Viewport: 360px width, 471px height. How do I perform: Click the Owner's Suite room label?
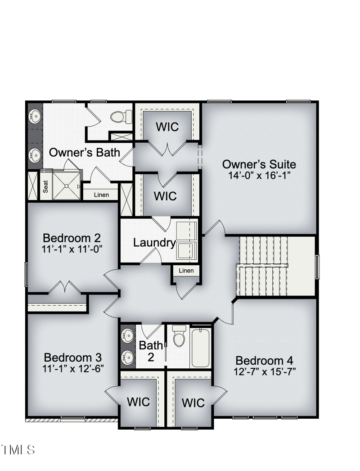point(259,164)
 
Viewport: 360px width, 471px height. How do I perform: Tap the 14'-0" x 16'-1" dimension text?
point(259,175)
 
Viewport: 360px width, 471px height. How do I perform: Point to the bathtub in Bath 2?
point(200,348)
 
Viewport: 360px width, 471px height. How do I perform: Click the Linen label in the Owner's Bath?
point(101,195)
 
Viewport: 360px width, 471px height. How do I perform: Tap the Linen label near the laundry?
point(186,271)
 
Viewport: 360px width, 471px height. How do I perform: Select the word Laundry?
point(154,243)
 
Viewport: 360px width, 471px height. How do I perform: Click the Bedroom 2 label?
point(72,238)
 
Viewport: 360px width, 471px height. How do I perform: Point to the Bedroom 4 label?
point(264,361)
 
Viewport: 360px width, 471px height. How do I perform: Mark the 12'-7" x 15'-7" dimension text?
point(265,371)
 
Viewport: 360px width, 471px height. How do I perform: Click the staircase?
point(263,266)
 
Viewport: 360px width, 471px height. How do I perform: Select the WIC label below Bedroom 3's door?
point(138,402)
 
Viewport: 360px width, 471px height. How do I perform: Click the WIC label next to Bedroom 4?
point(193,403)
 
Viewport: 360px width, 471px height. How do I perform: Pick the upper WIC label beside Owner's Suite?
point(167,127)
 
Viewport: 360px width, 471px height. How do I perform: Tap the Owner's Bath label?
point(85,152)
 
